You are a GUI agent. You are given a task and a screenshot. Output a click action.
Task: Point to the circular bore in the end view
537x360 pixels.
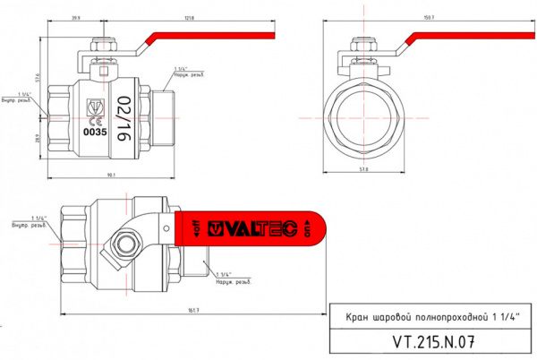pos(362,117)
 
